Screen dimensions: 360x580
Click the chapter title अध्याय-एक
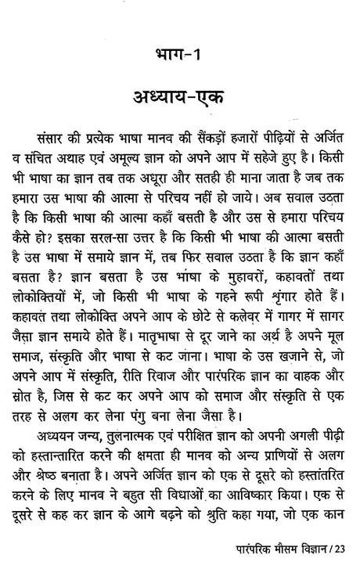(179, 102)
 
